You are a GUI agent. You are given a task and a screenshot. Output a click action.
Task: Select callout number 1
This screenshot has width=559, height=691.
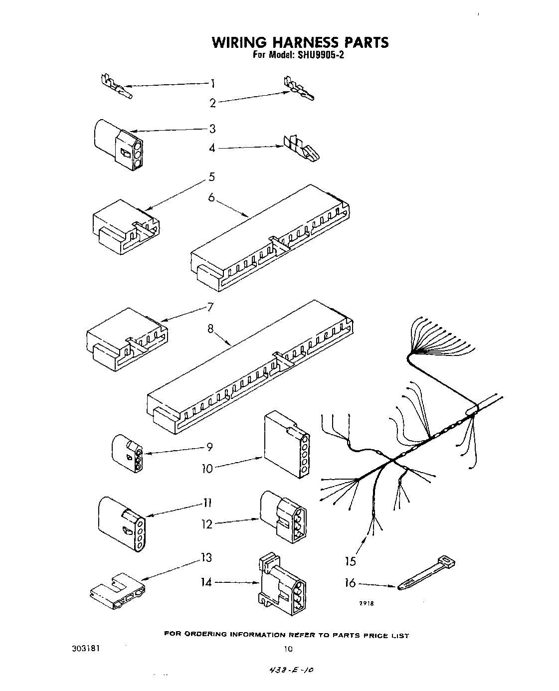[x=212, y=83]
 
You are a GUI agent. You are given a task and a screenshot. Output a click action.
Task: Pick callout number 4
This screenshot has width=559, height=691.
[x=212, y=148]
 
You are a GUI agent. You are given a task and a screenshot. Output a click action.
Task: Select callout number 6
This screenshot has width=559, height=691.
[x=211, y=197]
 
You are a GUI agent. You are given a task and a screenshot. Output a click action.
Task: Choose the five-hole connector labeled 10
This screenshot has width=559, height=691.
[x=286, y=444]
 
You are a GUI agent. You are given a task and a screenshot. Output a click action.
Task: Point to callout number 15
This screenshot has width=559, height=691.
[x=351, y=561]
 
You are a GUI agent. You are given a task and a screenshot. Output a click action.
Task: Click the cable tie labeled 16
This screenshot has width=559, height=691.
[x=426, y=574]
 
